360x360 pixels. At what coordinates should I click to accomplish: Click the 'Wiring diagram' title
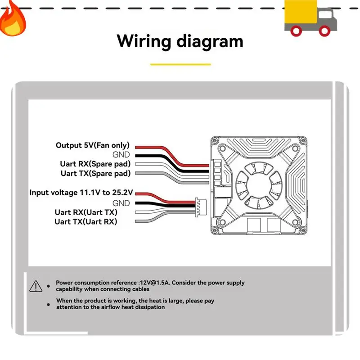[180, 41]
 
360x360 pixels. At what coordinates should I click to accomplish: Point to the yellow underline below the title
[180, 64]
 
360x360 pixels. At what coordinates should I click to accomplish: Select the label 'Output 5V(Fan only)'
[93, 145]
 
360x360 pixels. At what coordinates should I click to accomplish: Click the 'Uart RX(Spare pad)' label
[95, 164]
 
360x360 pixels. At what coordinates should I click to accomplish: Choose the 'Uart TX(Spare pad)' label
[95, 173]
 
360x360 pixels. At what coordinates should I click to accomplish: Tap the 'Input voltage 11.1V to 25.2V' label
[81, 193]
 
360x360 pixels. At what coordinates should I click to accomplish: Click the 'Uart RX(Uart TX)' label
[86, 212]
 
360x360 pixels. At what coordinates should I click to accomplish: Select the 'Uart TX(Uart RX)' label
[85, 221]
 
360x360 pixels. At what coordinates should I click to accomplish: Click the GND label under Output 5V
[121, 155]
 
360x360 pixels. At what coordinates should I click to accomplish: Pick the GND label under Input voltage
[121, 202]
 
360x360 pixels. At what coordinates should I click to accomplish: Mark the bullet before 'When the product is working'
[49, 304]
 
